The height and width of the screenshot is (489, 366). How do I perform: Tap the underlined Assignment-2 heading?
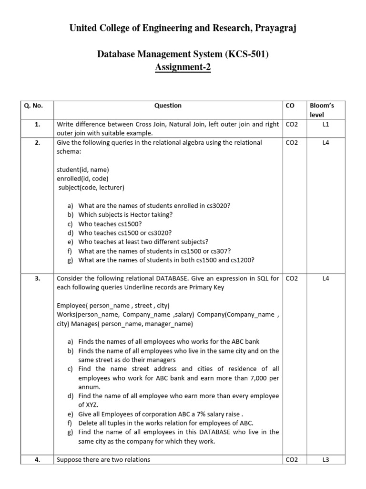[183, 67]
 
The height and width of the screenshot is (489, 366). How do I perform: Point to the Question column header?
[168, 106]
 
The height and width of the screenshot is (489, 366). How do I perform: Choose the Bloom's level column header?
[322, 110]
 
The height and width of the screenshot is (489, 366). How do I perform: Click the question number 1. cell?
[37, 124]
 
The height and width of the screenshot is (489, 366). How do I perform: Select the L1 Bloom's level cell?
[325, 124]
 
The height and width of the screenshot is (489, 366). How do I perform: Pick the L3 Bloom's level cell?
[325, 459]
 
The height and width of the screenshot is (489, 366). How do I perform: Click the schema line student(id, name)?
[82, 170]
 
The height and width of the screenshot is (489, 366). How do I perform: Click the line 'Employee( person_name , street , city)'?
[113, 305]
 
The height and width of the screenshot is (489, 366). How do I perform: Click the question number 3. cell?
[37, 278]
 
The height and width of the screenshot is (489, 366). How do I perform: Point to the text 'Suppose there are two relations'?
[103, 459]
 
